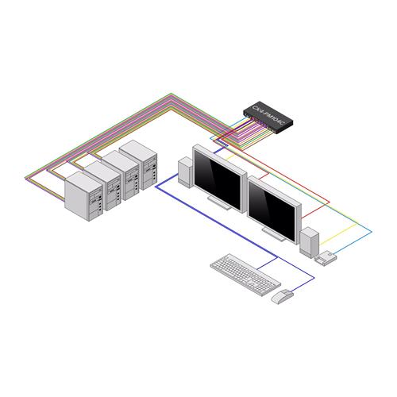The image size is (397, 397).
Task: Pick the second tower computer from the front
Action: pyautogui.click(x=102, y=180)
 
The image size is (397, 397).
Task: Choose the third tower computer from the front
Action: pyautogui.click(x=121, y=169)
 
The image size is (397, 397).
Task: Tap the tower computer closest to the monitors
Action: pyautogui.click(x=140, y=159)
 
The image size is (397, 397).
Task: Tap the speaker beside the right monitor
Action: pyautogui.click(x=308, y=242)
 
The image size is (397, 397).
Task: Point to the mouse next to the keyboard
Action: pyautogui.click(x=282, y=297)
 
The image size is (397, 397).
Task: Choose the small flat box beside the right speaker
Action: pyautogui.click(x=326, y=256)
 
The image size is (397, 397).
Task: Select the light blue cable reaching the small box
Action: pyautogui.click(x=361, y=238)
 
